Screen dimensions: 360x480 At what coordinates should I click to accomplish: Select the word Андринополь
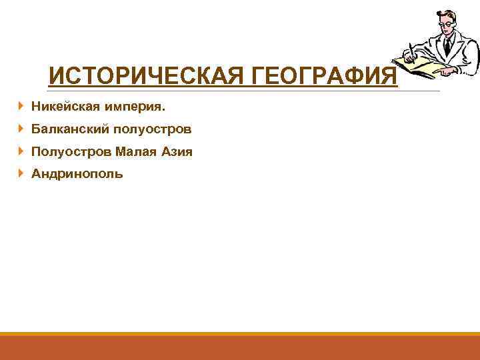77,175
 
